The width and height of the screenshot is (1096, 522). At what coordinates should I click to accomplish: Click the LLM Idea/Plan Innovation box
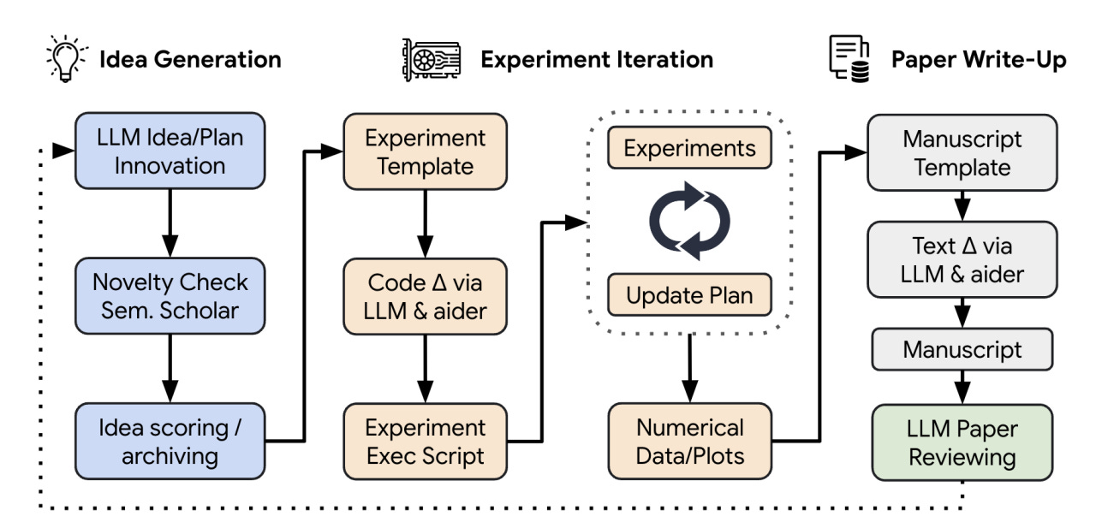pyautogui.click(x=170, y=151)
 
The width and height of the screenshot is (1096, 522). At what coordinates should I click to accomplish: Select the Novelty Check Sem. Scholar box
pyautogui.click(x=170, y=296)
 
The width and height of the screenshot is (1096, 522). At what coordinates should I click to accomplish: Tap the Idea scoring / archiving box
pyautogui.click(x=170, y=441)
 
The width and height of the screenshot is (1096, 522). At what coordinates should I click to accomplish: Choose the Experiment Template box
pyautogui.click(x=425, y=151)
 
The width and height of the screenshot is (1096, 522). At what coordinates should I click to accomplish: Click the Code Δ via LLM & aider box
pyautogui.click(x=425, y=296)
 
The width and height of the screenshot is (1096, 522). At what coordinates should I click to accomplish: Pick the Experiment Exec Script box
pyautogui.click(x=425, y=441)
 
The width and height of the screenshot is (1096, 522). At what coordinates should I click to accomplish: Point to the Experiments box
pyautogui.click(x=689, y=147)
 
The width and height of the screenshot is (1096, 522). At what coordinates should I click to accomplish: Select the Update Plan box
pyautogui.click(x=689, y=294)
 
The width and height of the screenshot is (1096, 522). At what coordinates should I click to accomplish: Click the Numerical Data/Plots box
pyautogui.click(x=689, y=441)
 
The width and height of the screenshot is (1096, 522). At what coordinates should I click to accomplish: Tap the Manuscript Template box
pyautogui.click(x=962, y=152)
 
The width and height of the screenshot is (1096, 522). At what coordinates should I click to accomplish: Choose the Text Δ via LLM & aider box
pyautogui.click(x=962, y=259)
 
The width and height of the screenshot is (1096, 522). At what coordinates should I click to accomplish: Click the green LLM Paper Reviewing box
pyautogui.click(x=962, y=442)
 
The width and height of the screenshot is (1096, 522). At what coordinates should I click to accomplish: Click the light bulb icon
pyautogui.click(x=67, y=59)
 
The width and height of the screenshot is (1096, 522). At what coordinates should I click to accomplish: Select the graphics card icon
pyautogui.click(x=431, y=60)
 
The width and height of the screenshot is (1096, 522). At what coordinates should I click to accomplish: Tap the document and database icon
pyautogui.click(x=849, y=59)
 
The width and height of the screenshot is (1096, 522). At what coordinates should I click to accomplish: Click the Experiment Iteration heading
pyautogui.click(x=597, y=60)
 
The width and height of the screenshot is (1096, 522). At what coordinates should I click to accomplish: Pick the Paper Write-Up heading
pyautogui.click(x=979, y=60)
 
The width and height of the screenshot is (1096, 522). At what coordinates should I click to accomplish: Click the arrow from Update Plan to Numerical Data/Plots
pyautogui.click(x=689, y=368)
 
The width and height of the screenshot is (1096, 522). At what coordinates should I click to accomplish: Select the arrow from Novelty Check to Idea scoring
pyautogui.click(x=170, y=369)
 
